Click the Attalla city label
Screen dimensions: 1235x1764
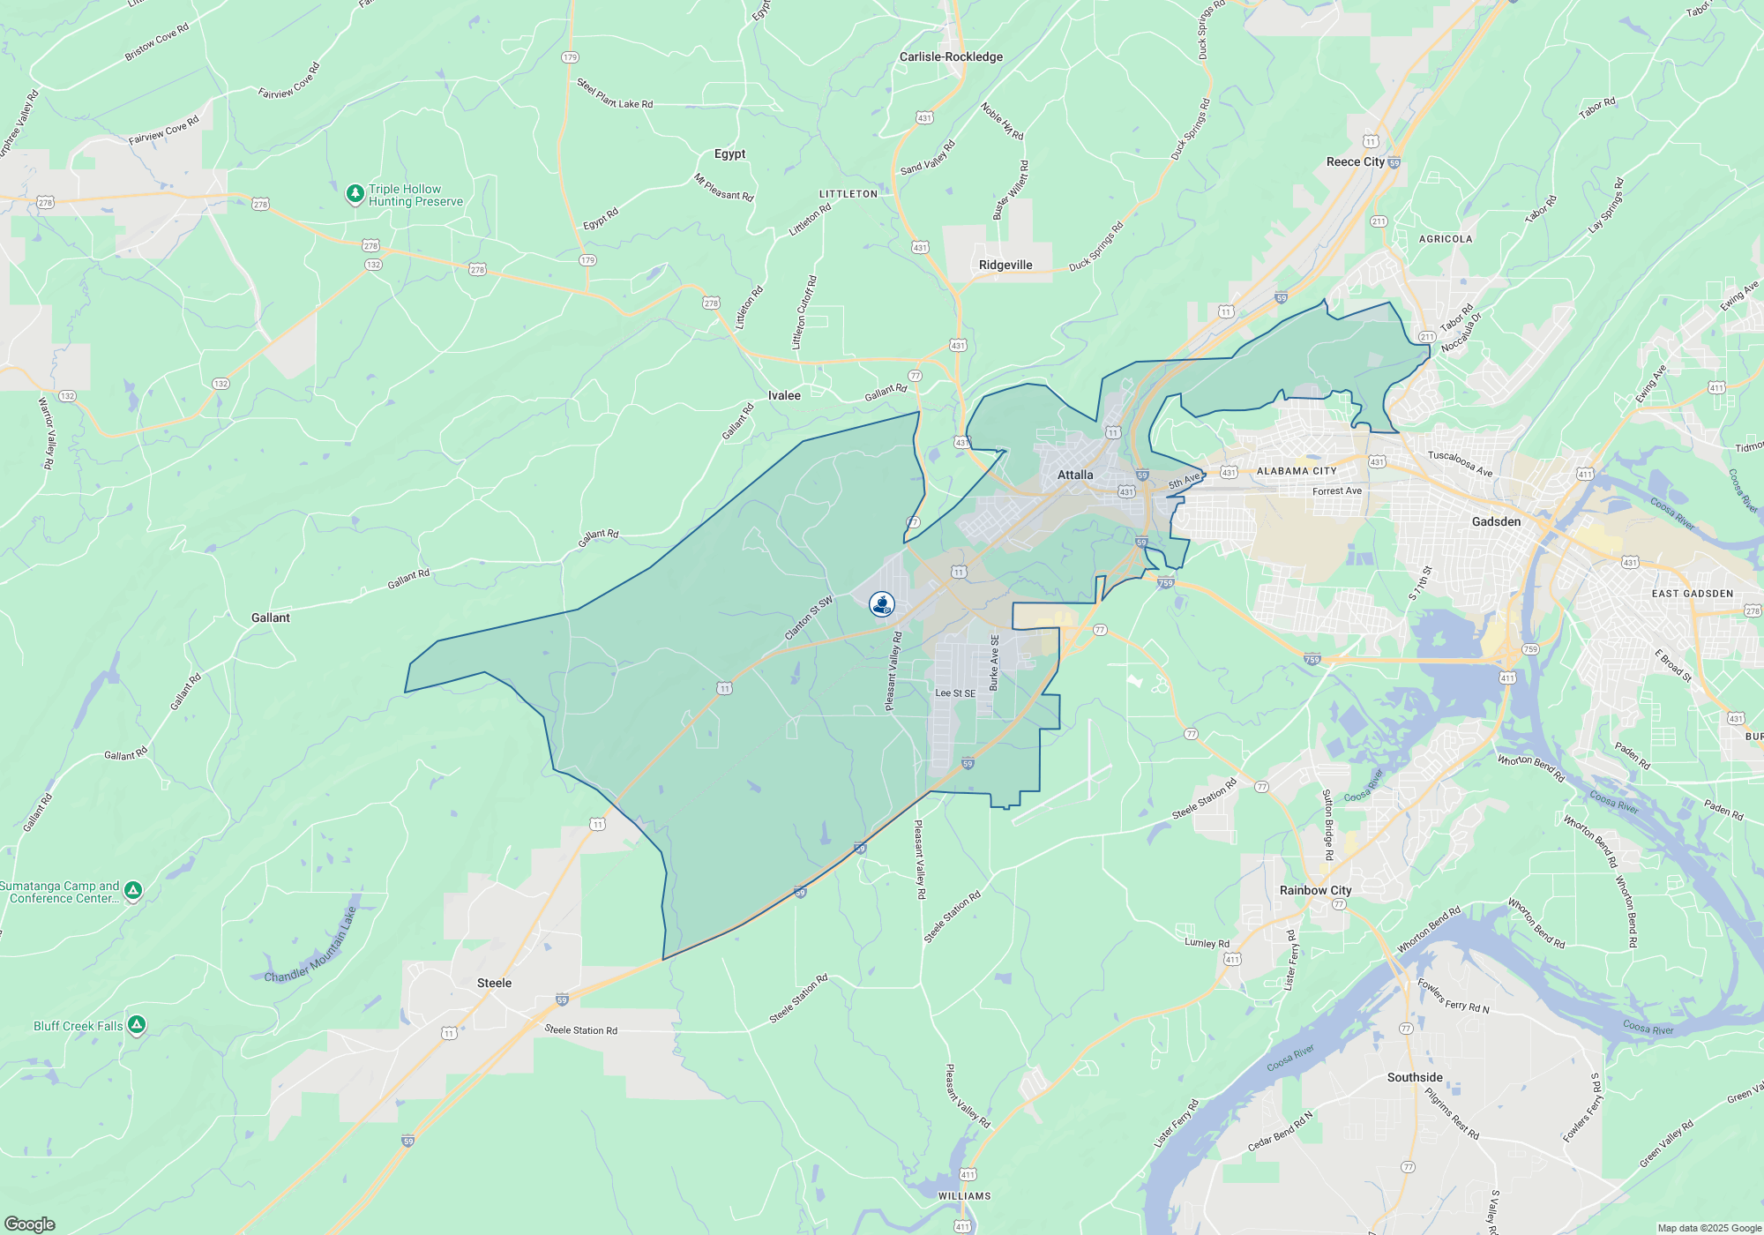point(1075,475)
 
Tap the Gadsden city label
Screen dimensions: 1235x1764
point(1496,521)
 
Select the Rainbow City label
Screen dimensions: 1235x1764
point(1315,890)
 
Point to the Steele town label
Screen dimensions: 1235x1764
point(494,983)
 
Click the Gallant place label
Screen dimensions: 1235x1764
point(270,617)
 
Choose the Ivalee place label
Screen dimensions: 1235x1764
point(784,395)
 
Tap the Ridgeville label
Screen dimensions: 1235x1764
point(1005,265)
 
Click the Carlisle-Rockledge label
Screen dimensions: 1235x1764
point(951,56)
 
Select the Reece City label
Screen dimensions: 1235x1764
point(1356,161)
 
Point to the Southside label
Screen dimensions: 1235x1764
point(1415,1077)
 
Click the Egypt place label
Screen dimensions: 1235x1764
point(729,153)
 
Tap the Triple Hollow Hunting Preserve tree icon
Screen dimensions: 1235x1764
point(355,193)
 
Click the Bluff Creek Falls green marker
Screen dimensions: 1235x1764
point(136,1024)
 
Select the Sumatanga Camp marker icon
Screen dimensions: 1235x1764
point(132,890)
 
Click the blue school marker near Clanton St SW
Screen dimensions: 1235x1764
point(881,603)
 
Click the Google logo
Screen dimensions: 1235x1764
point(29,1224)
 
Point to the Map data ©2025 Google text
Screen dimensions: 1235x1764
point(1708,1228)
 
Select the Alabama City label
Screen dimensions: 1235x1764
point(1296,471)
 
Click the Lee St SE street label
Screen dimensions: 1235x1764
point(955,693)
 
